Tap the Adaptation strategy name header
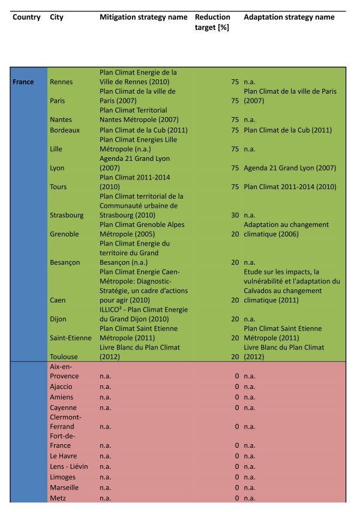pos(289,17)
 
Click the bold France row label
pos(23,82)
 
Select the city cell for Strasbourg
pos(67,215)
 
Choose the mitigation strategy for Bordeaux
pos(142,130)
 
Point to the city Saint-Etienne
pos(71,338)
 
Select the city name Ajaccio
pos(61,387)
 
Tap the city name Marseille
pos(64,487)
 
